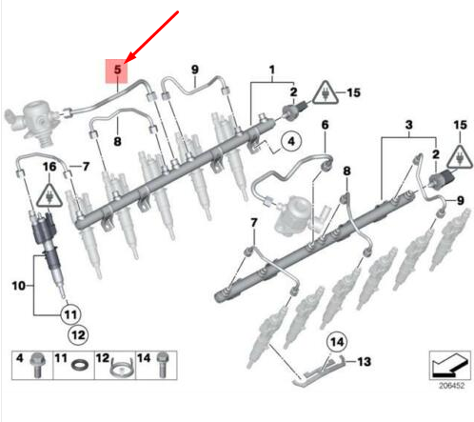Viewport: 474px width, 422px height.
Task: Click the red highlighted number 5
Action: pos(117,69)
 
